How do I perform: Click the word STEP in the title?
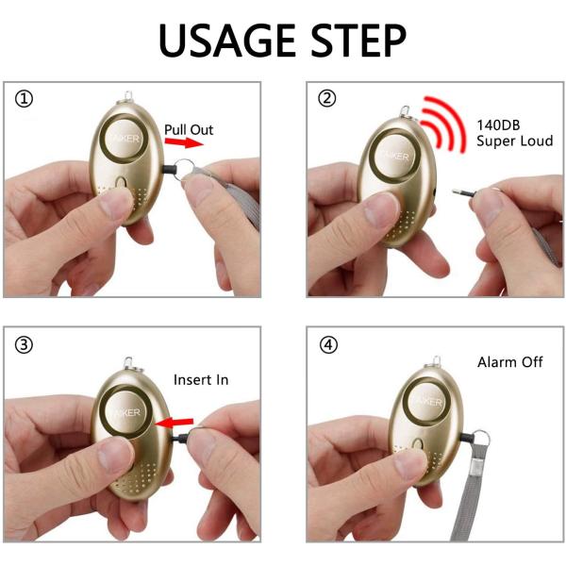click(358, 40)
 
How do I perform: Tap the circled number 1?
click(24, 98)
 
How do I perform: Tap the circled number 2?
click(327, 98)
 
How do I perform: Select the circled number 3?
click(24, 345)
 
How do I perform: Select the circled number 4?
click(328, 345)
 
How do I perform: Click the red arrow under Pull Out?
click(184, 142)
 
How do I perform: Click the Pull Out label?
click(189, 129)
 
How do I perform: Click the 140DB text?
click(498, 125)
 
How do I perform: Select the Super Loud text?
click(514, 141)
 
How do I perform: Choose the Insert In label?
click(201, 380)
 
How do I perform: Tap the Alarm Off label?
click(509, 362)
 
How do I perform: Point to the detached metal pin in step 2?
click(463, 192)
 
